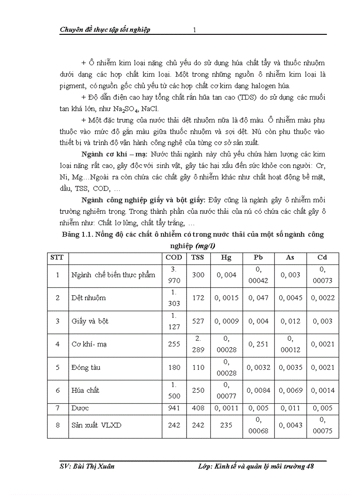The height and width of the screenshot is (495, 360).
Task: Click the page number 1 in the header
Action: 194,30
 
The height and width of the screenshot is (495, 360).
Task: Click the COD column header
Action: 173,257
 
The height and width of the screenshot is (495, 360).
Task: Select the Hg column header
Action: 226,257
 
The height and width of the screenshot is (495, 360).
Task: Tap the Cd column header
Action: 322,257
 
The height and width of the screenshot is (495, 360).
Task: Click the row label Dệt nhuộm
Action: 89,298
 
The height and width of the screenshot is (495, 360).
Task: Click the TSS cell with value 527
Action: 198,321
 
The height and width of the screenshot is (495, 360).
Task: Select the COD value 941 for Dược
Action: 173,408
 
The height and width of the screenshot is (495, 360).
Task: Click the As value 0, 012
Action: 289,321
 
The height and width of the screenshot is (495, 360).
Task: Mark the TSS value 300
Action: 198,275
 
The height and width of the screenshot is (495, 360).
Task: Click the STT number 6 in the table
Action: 57,391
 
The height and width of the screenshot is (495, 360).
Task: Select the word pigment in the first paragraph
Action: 72,86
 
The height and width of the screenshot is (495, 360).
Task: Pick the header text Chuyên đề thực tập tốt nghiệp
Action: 105,30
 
